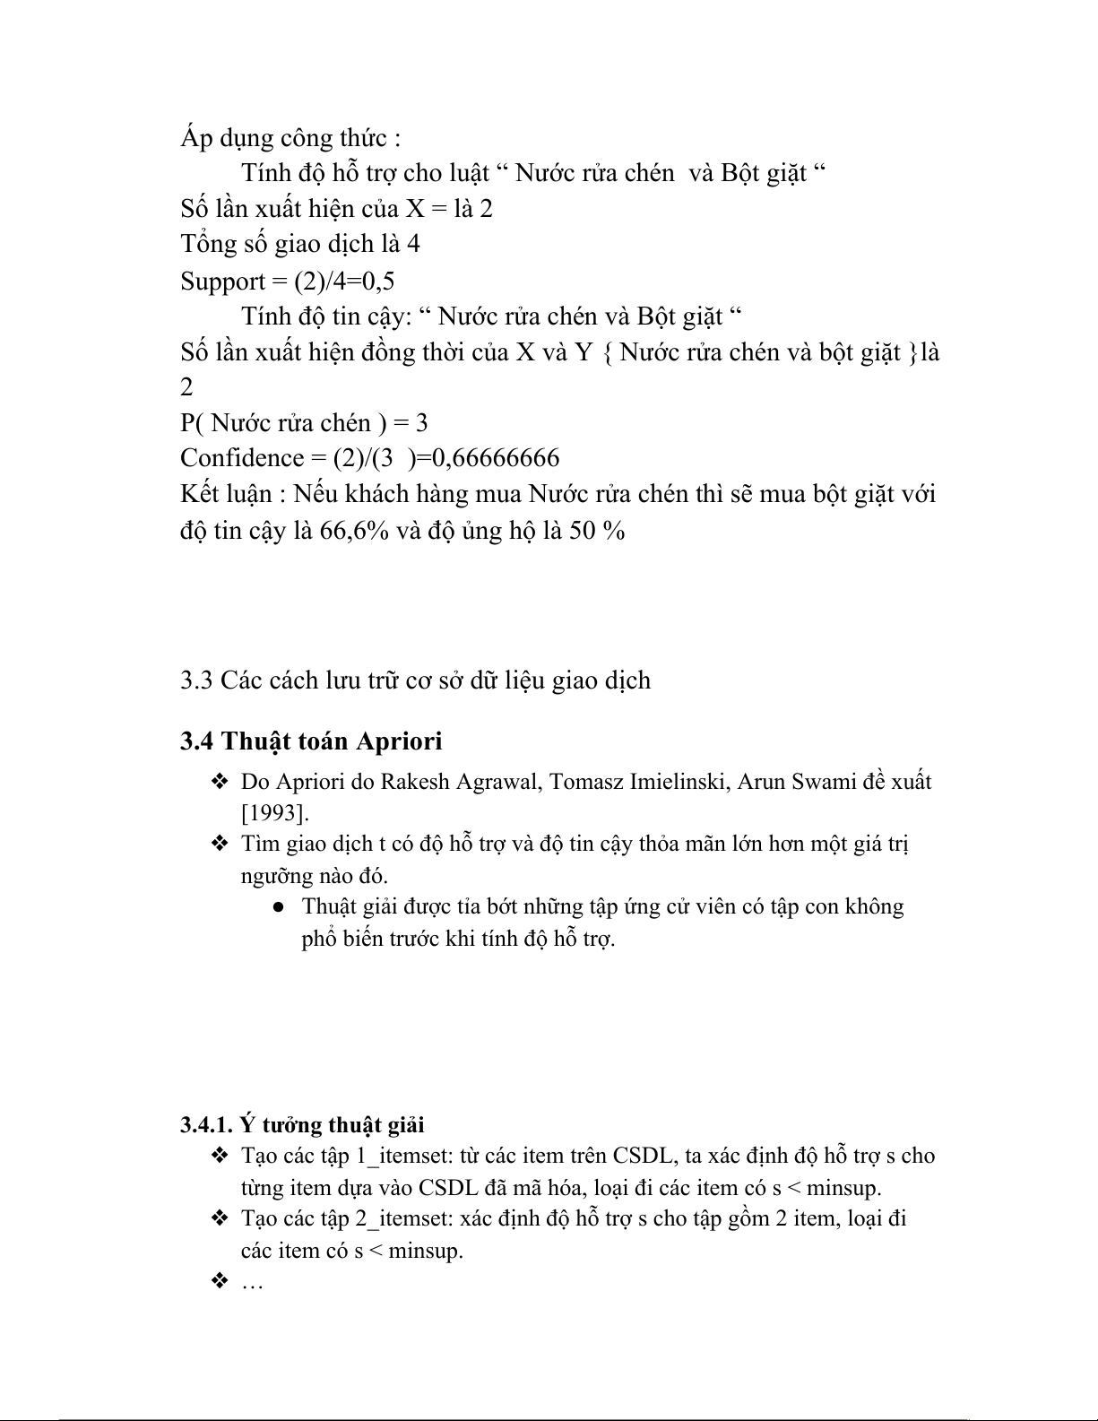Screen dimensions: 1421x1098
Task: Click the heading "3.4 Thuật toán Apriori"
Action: (311, 741)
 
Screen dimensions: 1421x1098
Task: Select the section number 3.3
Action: (195, 680)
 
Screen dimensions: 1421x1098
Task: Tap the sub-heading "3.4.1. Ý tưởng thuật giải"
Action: (302, 1124)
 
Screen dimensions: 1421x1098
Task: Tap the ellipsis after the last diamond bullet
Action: (252, 1283)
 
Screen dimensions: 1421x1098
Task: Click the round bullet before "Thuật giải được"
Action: (279, 907)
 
